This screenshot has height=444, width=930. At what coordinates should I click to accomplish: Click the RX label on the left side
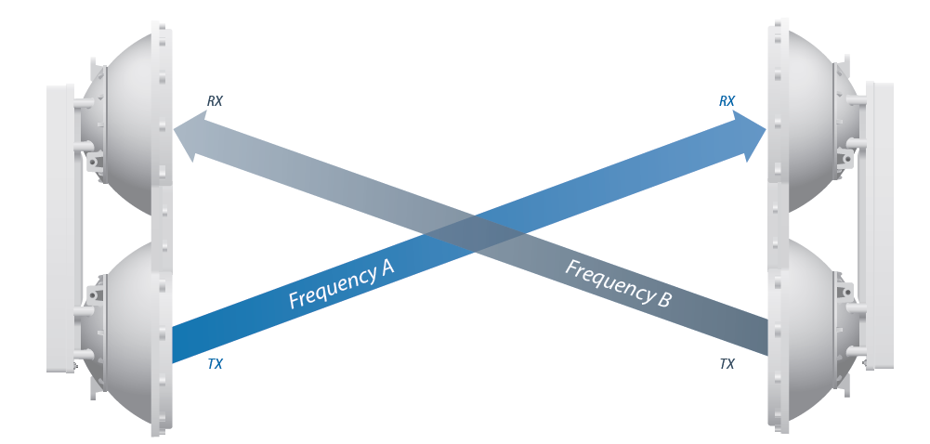215,101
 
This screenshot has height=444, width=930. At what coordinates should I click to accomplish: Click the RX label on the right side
727,101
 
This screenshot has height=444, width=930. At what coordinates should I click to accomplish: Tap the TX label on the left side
215,364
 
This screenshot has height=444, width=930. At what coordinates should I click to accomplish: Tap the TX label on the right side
727,364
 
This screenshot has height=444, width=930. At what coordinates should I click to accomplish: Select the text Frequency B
618,284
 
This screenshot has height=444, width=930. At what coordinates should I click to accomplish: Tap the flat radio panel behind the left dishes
59,228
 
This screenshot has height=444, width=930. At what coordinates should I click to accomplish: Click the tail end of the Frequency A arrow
181,344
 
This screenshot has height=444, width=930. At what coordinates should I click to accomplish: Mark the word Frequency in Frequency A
331,289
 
